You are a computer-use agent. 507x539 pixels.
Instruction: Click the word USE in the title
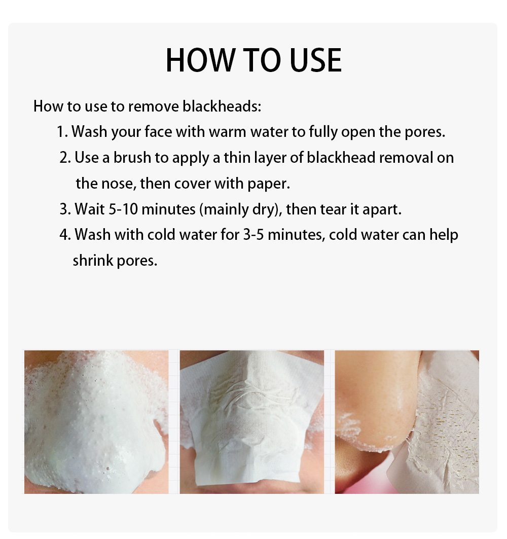click(x=315, y=60)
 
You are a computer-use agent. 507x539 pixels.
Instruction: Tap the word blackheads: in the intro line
click(x=222, y=106)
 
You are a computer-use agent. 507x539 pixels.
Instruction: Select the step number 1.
click(x=62, y=132)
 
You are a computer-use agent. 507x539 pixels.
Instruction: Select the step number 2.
click(x=65, y=157)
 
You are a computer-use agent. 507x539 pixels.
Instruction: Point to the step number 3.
click(x=65, y=209)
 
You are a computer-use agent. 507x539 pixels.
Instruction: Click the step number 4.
click(x=65, y=235)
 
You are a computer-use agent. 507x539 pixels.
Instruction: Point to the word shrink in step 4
click(x=93, y=261)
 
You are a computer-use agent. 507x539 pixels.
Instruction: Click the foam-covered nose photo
click(x=97, y=422)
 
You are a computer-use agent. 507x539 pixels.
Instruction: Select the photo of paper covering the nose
click(x=252, y=422)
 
